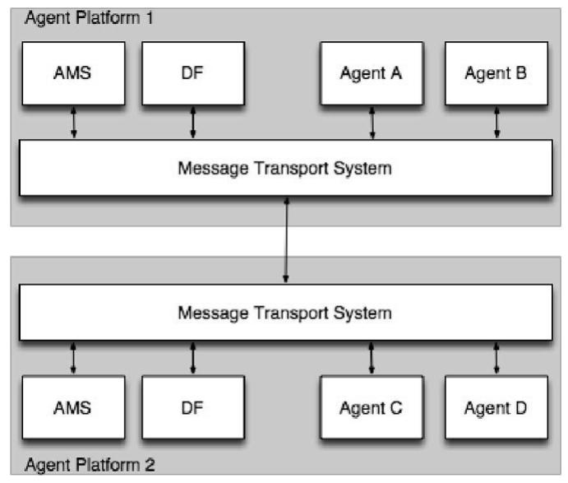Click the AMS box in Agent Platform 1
74,72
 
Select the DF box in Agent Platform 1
193,72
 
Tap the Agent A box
372,72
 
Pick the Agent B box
496,72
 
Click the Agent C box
372,406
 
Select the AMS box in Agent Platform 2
74,406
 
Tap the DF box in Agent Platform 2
193,406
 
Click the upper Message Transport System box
285,168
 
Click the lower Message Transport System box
285,313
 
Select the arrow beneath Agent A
372,122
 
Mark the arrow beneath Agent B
496,122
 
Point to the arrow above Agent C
372,358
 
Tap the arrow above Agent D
496,358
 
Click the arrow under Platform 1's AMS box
74,122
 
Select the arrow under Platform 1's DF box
193,122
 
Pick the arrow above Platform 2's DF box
193,358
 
